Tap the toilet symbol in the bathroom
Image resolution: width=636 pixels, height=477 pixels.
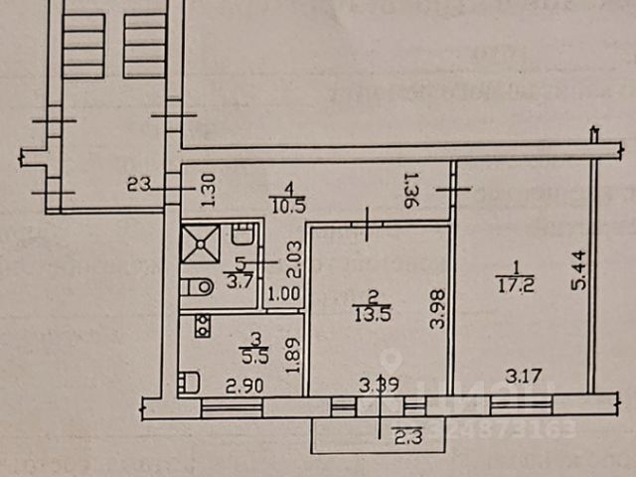pos(199,287)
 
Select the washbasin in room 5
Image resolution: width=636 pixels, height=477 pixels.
pos(241,237)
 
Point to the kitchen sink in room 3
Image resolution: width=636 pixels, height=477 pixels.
pos(189,382)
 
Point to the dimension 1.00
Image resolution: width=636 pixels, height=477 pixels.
pos(284,294)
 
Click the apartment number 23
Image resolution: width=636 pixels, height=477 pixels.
pos(138,183)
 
